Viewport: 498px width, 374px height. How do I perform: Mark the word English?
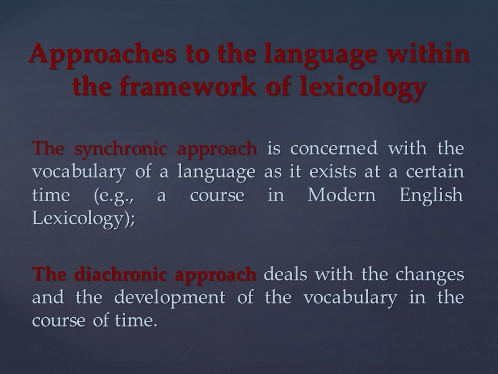[431, 194]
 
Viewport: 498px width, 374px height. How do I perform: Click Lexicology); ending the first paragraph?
[83, 218]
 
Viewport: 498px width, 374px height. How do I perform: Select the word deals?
[284, 274]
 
